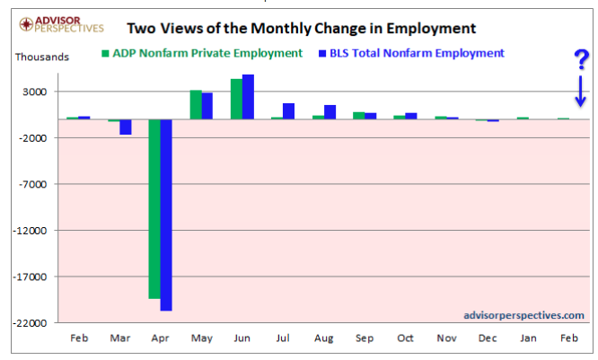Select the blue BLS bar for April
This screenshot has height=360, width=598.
coord(166,215)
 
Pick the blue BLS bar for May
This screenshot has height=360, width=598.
coord(207,106)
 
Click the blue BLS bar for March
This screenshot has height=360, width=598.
coord(126,127)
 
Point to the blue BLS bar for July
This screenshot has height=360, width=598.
coord(288,111)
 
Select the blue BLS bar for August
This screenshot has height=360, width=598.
coord(330,112)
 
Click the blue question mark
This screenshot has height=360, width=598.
coord(581,61)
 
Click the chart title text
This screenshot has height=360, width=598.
coord(301,28)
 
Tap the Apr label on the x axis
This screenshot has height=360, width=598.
coord(161,338)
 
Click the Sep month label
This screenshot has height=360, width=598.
coord(365,338)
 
